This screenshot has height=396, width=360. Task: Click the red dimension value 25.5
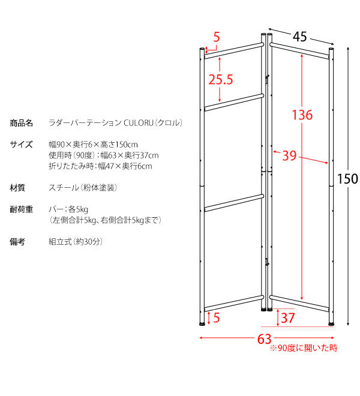tap(221, 79)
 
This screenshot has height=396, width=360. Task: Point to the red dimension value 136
tap(302, 115)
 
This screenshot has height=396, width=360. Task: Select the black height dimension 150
tap(347, 179)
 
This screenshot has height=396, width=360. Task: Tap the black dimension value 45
tap(300, 37)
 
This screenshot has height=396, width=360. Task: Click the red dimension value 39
tap(289, 155)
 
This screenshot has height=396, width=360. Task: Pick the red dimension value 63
tap(264, 339)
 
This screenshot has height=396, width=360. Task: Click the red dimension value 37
tap(288, 318)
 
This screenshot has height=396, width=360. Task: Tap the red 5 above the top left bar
tap(217, 37)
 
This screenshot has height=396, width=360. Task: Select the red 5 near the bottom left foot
tap(217, 317)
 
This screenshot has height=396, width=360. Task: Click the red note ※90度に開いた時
tap(304, 348)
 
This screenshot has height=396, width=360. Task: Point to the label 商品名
tap(21, 123)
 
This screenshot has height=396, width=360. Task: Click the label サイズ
tap(21, 145)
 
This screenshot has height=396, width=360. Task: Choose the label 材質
tap(17, 188)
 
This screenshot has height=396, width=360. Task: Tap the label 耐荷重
tap(21, 209)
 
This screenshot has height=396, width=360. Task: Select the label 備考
tap(17, 242)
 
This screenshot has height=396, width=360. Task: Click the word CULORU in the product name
tap(139, 123)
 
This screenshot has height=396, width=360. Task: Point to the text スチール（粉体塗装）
tap(83, 188)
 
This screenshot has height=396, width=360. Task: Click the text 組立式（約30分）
tap(76, 242)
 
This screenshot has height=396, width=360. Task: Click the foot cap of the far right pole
tap(331, 324)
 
